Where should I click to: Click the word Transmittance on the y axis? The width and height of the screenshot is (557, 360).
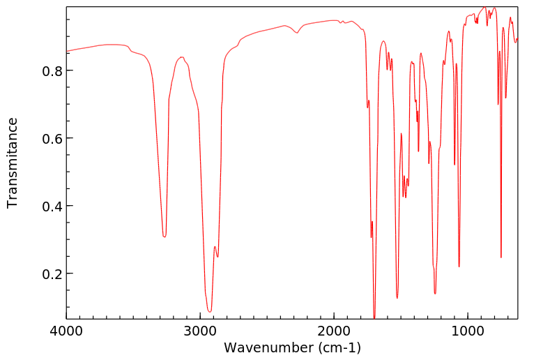[13, 163]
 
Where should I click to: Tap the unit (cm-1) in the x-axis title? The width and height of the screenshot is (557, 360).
[338, 347]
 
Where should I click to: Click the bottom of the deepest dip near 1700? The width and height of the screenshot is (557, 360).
[374, 317]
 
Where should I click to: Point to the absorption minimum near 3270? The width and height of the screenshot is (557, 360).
[165, 237]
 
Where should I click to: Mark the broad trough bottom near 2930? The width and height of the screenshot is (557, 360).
[209, 311]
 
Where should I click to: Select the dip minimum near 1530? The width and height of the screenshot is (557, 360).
[397, 298]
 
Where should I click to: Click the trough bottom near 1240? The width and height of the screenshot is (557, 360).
[435, 294]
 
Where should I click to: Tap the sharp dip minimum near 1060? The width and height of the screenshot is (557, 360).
[459, 267]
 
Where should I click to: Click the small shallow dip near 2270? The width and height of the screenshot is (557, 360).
[297, 33]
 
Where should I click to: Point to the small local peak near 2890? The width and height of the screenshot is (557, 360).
[215, 247]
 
